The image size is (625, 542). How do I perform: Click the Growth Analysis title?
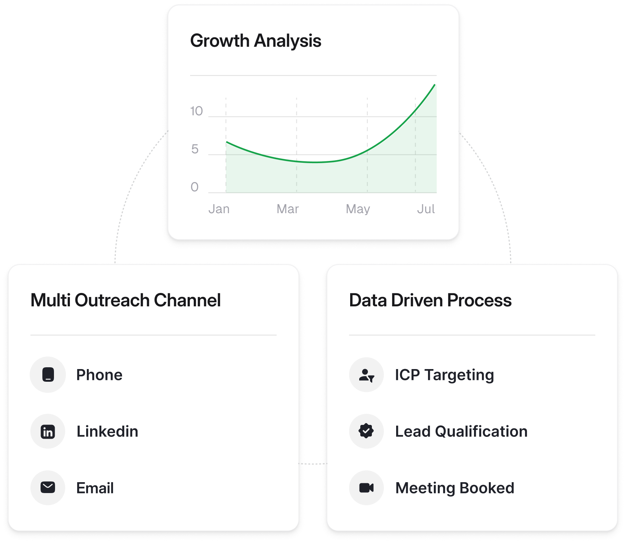click(x=256, y=41)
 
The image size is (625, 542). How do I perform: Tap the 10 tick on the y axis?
click(x=197, y=111)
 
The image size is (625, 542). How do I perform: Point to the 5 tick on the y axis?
click(x=195, y=149)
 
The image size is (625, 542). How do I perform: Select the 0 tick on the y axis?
click(x=195, y=187)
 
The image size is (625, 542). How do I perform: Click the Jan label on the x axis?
click(x=219, y=209)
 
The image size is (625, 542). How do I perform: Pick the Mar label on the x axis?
click(x=288, y=209)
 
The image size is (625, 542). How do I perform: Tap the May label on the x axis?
click(x=358, y=210)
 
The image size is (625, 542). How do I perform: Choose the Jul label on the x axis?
click(x=426, y=209)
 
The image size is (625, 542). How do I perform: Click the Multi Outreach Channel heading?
click(x=126, y=300)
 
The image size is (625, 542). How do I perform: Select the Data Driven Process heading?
click(x=431, y=300)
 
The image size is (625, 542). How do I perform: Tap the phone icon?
click(x=48, y=375)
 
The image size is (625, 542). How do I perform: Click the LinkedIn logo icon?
click(x=48, y=431)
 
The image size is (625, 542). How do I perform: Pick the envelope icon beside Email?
click(x=48, y=488)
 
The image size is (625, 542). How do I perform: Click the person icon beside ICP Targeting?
click(x=366, y=375)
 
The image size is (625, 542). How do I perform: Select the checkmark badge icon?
click(x=366, y=431)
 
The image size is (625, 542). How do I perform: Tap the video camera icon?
click(x=366, y=488)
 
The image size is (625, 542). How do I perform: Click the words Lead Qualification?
click(x=461, y=431)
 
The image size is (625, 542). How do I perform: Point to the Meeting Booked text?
click(x=455, y=488)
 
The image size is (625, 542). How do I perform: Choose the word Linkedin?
click(x=108, y=431)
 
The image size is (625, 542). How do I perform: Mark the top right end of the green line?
click(x=435, y=85)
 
